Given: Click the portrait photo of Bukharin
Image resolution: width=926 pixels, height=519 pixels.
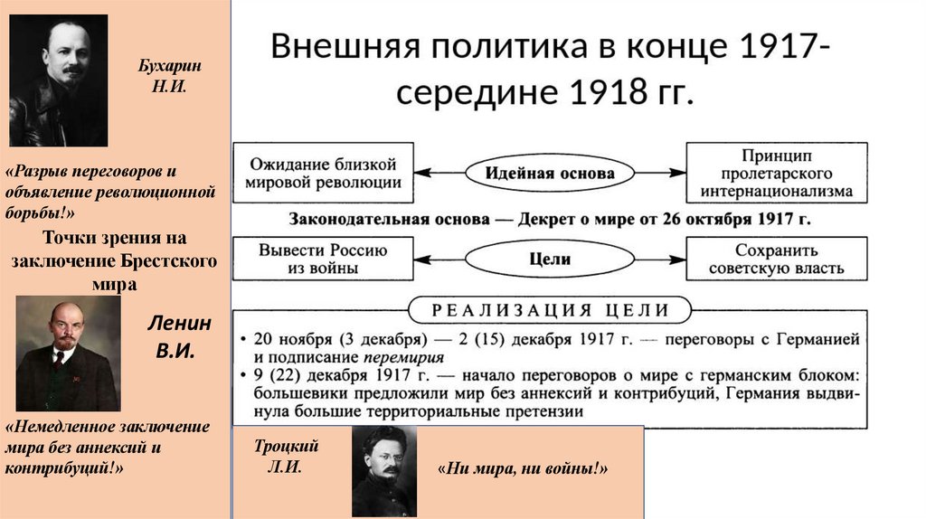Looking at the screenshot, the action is [x=58, y=80].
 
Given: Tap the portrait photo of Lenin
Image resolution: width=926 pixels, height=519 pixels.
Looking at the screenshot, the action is [x=68, y=354].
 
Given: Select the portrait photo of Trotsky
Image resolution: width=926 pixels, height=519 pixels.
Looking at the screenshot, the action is [x=383, y=471].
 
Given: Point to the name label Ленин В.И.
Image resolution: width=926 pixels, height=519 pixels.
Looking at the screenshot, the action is [x=180, y=337].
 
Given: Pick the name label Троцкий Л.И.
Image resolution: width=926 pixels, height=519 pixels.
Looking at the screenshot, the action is [x=284, y=457].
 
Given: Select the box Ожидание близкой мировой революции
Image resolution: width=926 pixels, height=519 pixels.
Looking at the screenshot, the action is [x=323, y=172].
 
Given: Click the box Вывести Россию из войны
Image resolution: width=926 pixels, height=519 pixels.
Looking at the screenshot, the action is [x=323, y=259].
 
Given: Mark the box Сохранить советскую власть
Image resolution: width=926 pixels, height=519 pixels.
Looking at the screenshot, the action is [x=777, y=259].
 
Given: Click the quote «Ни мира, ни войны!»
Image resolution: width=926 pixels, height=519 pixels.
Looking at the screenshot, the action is [x=523, y=469].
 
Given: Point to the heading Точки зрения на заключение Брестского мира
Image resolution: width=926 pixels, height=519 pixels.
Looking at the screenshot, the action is [x=115, y=260].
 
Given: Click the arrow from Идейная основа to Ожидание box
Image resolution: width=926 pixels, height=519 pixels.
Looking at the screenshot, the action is [x=440, y=173].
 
